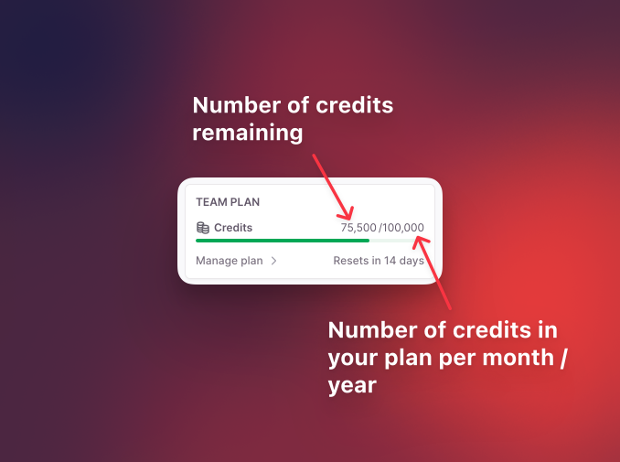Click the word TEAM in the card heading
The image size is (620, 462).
coord(210,202)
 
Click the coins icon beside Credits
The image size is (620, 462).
coord(203,228)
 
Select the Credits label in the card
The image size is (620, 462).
coord(233,228)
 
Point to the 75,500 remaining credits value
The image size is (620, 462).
coord(358,228)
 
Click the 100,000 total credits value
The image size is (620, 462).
coord(403,228)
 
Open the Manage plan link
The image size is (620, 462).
coord(230,261)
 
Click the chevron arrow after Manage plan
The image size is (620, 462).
coord(273,261)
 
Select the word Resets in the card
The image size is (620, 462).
coord(350,261)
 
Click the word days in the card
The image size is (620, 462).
coord(412,261)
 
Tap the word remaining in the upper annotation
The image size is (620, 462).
coord(247,134)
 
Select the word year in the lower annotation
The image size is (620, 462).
coord(352,386)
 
